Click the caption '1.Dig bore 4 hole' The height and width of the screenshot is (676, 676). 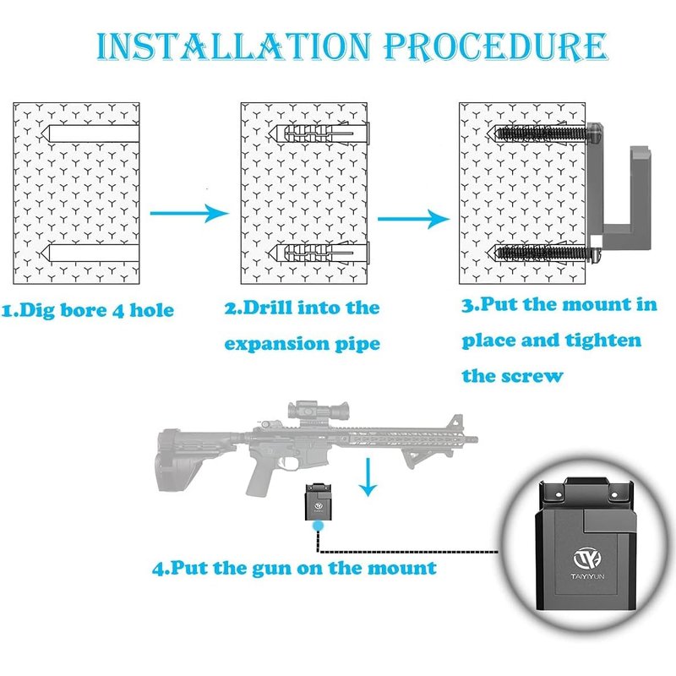coord(88,311)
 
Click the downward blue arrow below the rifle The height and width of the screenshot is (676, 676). coord(367,477)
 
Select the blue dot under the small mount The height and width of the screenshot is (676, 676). coord(318,526)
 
